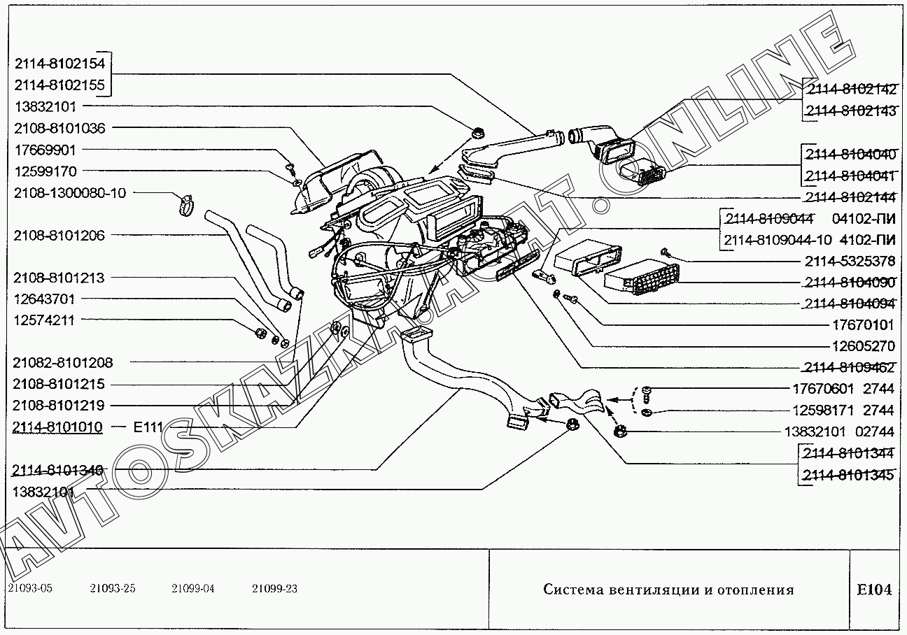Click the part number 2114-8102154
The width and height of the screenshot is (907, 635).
click(x=59, y=64)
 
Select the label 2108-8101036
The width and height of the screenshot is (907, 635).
click(x=59, y=128)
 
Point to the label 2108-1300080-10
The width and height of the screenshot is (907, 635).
click(x=69, y=193)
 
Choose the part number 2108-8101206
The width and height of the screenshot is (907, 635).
click(x=59, y=236)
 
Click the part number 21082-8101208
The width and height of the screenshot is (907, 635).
click(x=62, y=363)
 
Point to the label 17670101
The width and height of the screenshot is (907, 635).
click(x=863, y=325)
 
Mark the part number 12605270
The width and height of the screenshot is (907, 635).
click(x=863, y=346)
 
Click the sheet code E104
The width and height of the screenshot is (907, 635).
click(x=875, y=590)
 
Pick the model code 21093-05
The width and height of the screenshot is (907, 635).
click(x=30, y=589)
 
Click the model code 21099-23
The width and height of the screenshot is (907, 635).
click(x=274, y=589)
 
